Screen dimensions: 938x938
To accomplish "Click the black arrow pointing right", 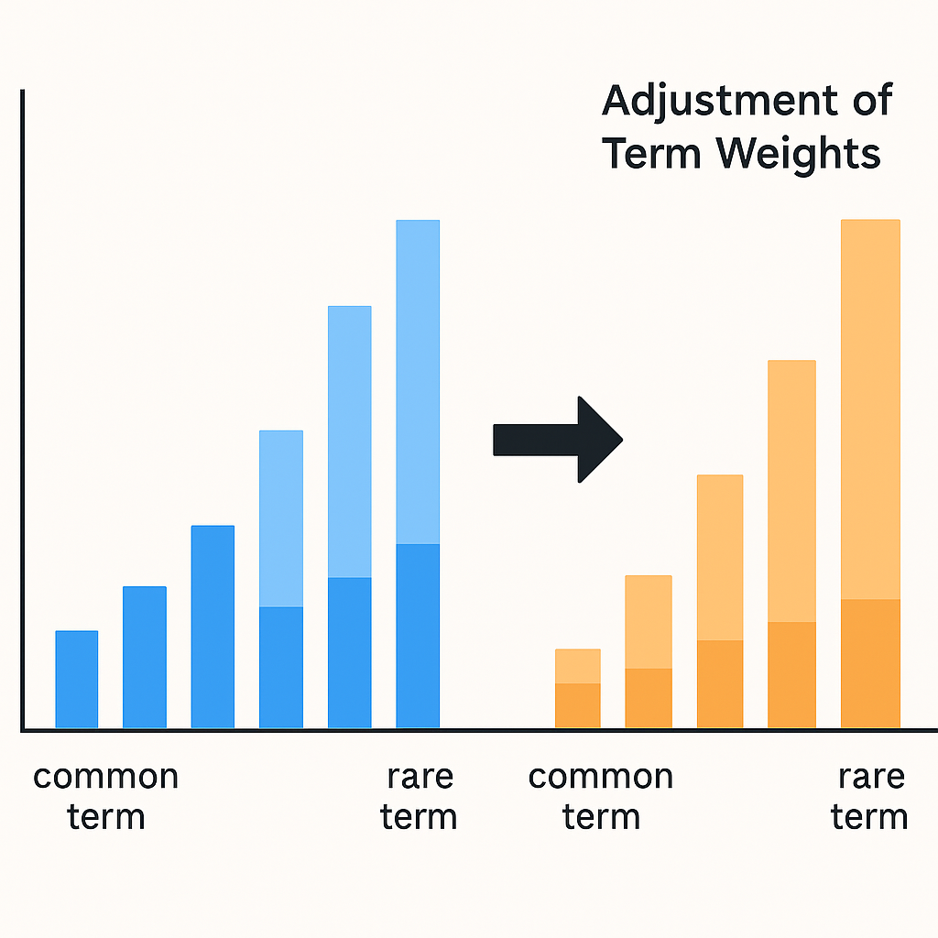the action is click(x=558, y=440).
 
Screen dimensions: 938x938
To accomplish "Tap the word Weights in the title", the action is click(x=798, y=154).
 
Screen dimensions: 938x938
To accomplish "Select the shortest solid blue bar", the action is click(x=77, y=679).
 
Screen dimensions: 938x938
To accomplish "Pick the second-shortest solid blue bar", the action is click(x=145, y=657).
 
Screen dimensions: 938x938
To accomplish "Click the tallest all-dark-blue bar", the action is click(x=213, y=627).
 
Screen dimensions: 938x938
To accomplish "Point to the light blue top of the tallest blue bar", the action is click(x=418, y=382).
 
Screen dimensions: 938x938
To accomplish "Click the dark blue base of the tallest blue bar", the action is click(x=418, y=636).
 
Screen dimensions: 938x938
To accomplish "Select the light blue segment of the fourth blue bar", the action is click(x=281, y=518).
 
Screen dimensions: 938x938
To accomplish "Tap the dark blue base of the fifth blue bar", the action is click(x=349, y=652).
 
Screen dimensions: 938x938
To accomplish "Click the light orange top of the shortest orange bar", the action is click(x=578, y=667).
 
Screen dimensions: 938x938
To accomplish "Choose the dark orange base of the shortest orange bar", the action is click(x=578, y=706).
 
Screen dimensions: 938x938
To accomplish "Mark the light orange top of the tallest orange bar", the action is click(x=870, y=409).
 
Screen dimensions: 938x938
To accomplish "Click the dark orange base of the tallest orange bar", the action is click(x=870, y=663).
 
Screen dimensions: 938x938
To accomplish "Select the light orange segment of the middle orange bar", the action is click(x=720, y=558).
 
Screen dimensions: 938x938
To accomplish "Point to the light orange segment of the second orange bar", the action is click(x=649, y=622).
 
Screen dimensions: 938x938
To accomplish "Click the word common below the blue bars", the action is click(x=106, y=777).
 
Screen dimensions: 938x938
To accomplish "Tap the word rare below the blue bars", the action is click(x=420, y=777).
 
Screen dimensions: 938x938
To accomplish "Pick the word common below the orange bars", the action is click(x=601, y=777).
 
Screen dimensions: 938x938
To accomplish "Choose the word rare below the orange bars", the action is click(x=872, y=777).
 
